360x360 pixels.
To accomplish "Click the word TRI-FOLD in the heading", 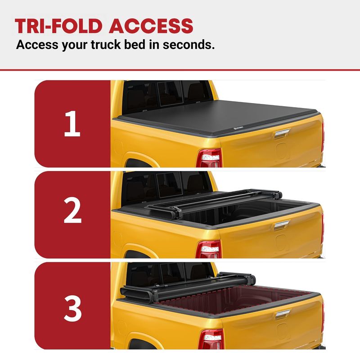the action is [58, 26].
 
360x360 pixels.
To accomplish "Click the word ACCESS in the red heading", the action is [151, 26].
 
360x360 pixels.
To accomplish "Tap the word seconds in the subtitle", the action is [189, 45].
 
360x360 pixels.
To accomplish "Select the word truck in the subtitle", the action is [106, 45].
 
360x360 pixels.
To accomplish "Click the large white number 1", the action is [72, 123].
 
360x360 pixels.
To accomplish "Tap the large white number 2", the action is [72, 210].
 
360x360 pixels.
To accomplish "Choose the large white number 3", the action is [73, 308].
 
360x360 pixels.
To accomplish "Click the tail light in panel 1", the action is [209, 158].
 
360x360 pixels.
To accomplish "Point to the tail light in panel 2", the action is [208, 250].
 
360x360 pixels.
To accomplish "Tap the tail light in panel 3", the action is [211, 339].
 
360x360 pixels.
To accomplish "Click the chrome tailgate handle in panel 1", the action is [282, 133].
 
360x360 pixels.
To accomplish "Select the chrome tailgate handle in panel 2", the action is [282, 225].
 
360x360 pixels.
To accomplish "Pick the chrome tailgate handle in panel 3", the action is [283, 314].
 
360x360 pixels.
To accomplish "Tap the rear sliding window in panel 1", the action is [170, 94].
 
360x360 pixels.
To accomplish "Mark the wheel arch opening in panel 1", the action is [138, 163].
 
